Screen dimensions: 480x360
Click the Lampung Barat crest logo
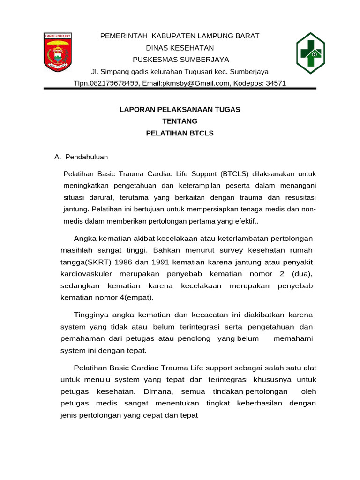point(57,52)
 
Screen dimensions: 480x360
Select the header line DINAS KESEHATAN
point(180,48)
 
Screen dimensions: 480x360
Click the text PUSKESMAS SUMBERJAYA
point(180,60)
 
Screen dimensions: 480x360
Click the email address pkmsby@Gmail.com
point(196,83)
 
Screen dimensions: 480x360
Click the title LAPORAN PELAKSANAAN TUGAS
point(180,109)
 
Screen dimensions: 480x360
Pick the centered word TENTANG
point(180,121)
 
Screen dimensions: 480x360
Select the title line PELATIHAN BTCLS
point(180,133)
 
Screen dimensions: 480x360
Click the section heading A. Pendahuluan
point(81,157)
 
